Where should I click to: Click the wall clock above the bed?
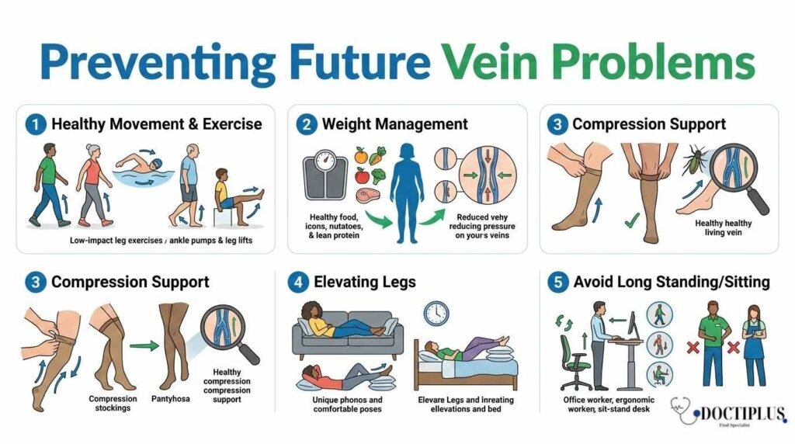coord(436,313)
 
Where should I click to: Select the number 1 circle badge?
coord(35,124)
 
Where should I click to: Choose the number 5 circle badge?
coord(557,282)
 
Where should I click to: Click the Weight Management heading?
coord(394,124)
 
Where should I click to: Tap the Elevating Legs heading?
coord(364,282)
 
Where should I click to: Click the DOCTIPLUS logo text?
coord(734,414)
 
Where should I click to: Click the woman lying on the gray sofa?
coord(342,322)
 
